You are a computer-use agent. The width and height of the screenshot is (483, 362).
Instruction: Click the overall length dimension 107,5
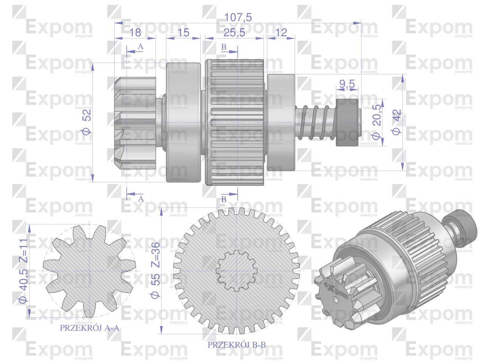[x=238, y=17]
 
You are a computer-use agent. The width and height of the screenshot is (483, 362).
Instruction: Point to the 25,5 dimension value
[x=234, y=32]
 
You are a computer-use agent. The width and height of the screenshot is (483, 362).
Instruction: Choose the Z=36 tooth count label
[x=155, y=253]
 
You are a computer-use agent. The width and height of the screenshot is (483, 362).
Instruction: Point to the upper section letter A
[x=140, y=46]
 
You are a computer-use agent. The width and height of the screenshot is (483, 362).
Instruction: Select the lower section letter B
[x=223, y=199]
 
